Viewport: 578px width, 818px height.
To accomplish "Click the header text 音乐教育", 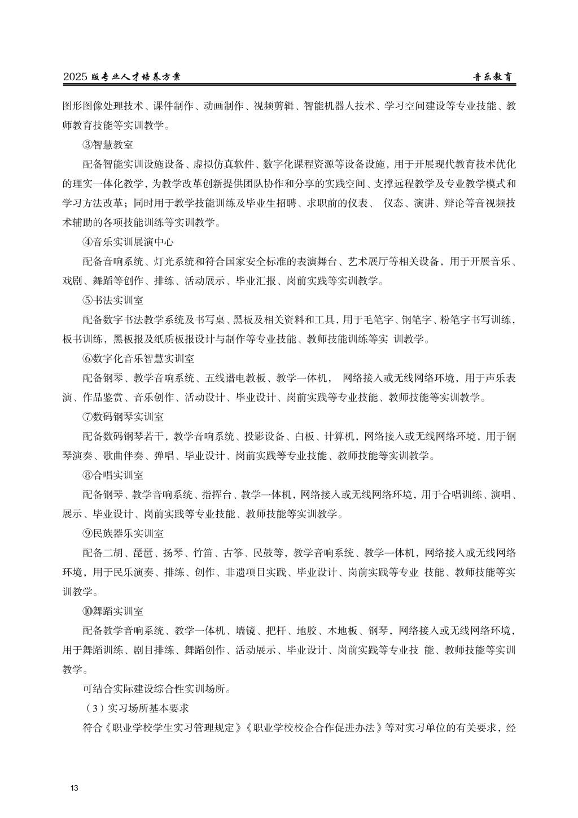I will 493,77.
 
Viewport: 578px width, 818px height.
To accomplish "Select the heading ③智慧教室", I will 108,145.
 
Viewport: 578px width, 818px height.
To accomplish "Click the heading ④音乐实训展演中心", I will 128,242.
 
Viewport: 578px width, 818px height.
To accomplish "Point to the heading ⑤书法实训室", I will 113,300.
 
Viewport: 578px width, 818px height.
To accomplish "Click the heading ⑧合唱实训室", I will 113,475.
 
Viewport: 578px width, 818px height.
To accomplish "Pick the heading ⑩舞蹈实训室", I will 113,611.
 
